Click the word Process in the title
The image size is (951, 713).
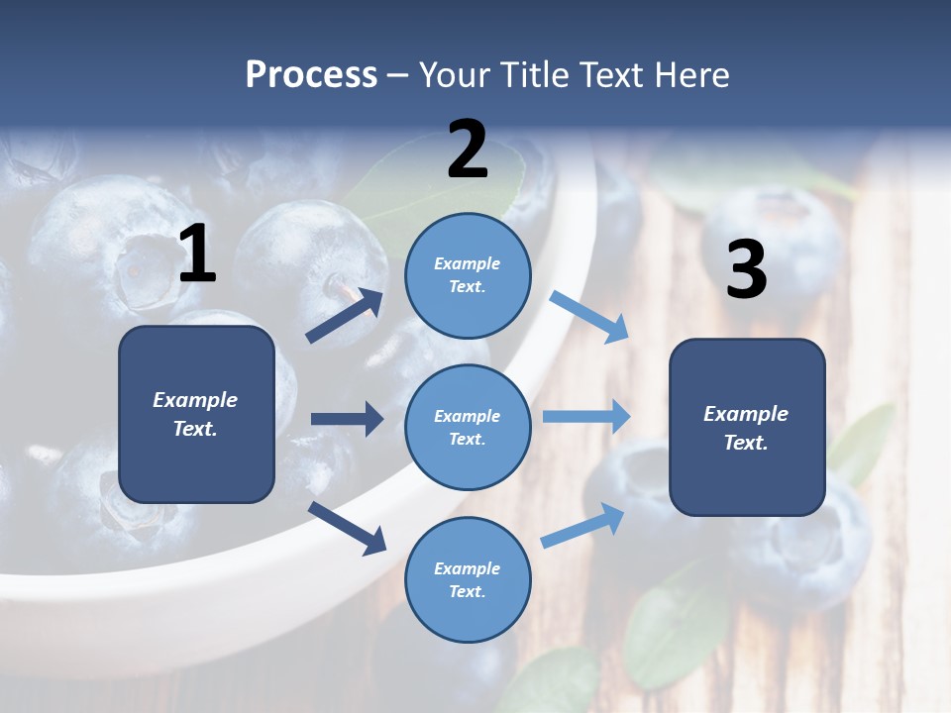(x=311, y=75)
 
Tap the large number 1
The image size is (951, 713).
(x=197, y=254)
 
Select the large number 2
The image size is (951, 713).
(x=468, y=150)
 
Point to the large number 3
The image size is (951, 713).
(x=746, y=269)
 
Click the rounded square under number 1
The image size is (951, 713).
(x=196, y=414)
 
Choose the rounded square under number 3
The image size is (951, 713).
(x=747, y=428)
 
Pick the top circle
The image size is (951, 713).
(x=468, y=274)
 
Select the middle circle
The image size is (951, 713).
(x=468, y=427)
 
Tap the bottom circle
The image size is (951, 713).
(x=468, y=579)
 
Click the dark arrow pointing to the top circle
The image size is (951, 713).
(x=344, y=316)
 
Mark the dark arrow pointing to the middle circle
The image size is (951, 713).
(x=347, y=419)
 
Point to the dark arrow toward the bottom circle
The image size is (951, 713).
(x=347, y=528)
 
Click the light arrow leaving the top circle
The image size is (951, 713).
(x=588, y=317)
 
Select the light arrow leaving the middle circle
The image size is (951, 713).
(x=586, y=417)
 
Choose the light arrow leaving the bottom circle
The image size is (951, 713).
(x=582, y=525)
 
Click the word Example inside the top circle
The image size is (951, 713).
(x=468, y=263)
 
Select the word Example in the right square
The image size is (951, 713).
(x=746, y=414)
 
